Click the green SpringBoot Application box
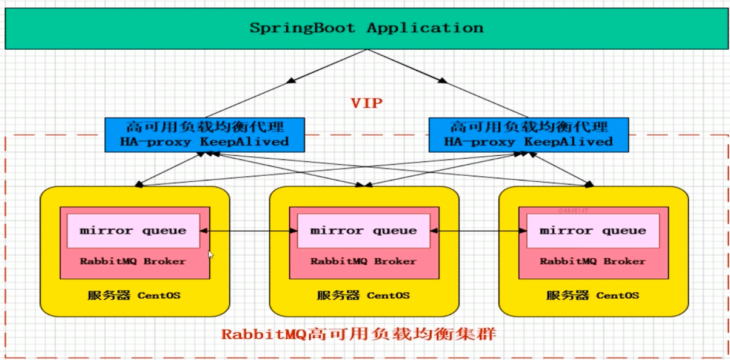[367, 28]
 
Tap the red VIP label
[367, 102]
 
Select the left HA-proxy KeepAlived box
[205, 135]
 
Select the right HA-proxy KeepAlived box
[529, 135]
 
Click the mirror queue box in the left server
[133, 231]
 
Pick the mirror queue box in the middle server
[363, 231]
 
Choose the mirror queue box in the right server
[592, 231]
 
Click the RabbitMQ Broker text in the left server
[133, 261]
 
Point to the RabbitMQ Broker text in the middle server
[363, 261]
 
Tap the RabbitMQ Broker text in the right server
[592, 261]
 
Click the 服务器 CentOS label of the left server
[134, 296]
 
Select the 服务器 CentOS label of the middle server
[363, 296]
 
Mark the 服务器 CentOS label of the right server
[592, 296]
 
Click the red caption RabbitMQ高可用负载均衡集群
[358, 334]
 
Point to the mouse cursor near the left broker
[210, 255]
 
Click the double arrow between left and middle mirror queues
[247, 231]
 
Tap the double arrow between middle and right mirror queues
[478, 231]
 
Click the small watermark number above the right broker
[573, 210]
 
